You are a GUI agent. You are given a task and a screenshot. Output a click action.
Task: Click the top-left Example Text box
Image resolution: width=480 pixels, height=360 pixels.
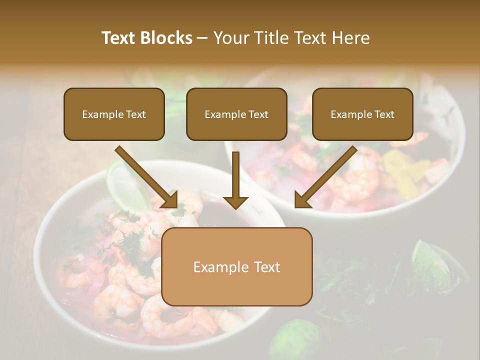[x=114, y=114]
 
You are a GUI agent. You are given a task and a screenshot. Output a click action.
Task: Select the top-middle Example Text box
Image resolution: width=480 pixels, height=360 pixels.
[x=236, y=114]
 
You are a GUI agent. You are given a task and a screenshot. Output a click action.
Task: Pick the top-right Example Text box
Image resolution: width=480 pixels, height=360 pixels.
[x=362, y=114]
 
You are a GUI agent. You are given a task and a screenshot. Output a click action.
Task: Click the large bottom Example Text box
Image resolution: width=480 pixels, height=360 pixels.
[x=236, y=267]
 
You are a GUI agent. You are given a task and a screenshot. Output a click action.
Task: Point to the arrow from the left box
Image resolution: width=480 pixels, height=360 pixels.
[x=147, y=177]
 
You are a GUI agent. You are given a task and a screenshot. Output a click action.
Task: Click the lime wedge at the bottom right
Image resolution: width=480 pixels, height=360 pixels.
[x=435, y=260]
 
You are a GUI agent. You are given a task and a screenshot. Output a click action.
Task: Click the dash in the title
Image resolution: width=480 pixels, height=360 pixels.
[x=202, y=38]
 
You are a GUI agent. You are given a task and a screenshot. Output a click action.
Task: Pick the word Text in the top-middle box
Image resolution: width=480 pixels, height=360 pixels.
[x=257, y=114]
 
